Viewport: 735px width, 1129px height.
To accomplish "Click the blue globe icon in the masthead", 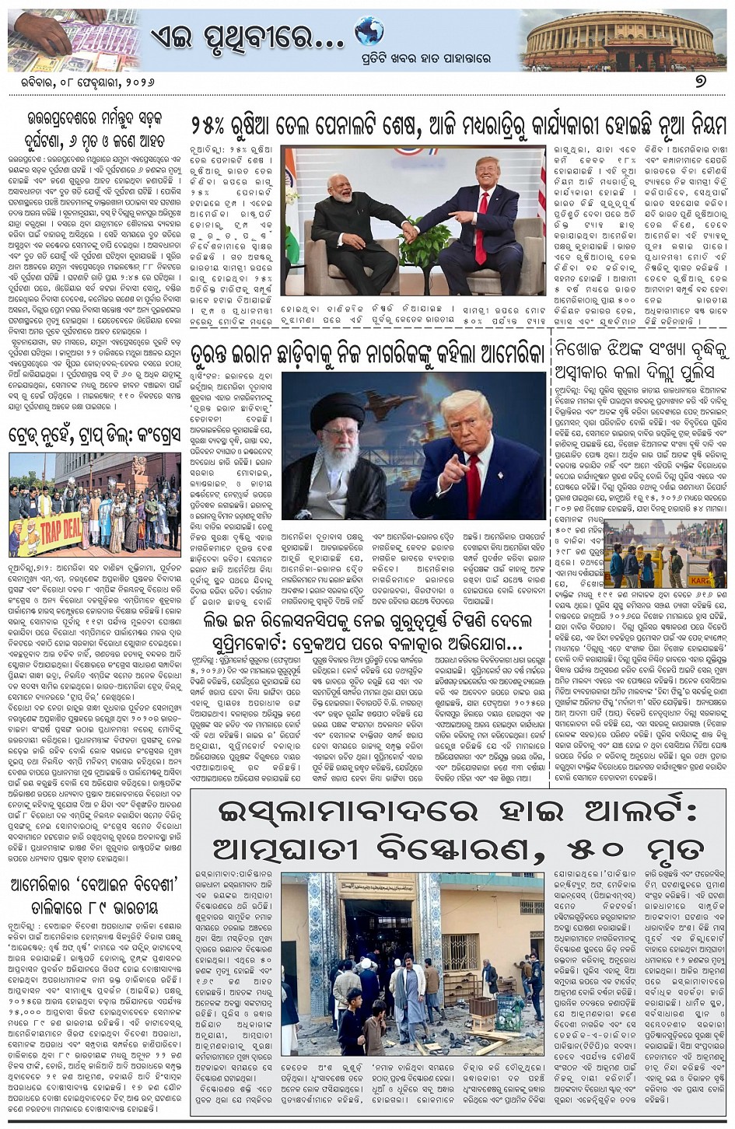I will pyautogui.click(x=369, y=33).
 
